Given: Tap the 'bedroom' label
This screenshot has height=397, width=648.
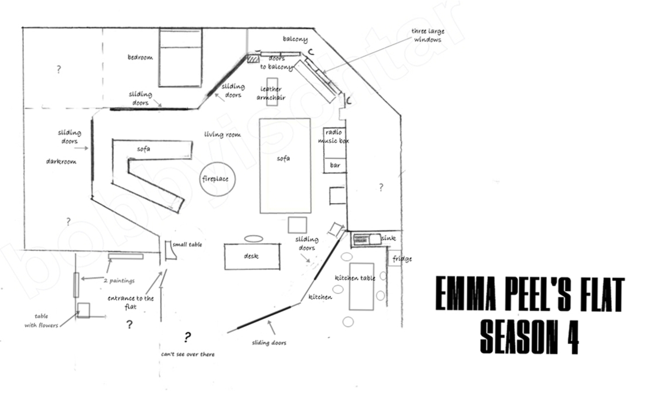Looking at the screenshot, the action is pos(140,57).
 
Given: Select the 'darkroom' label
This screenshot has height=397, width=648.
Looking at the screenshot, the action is pos(61,161).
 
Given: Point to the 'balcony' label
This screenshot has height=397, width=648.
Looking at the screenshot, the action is pos(295,39).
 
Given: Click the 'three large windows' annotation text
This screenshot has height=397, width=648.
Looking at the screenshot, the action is pos(428,36).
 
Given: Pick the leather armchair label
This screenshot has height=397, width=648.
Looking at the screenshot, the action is pos(271,93).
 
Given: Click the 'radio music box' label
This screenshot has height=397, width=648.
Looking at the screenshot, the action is pos(333,136).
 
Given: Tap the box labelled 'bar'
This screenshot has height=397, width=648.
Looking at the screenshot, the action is pos(335,165).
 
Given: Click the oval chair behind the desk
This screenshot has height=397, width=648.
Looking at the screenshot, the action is pos(254,239).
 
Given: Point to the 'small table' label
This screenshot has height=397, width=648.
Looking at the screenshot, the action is pos(187,245).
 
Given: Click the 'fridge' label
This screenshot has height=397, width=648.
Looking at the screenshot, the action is pos(402,259).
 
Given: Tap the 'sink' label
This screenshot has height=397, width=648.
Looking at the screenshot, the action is pos(389,238).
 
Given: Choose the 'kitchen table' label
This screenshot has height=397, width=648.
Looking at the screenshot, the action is pos(355,278).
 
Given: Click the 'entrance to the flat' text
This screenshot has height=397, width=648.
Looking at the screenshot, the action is pos(131,302).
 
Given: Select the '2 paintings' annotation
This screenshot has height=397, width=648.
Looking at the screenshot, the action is pos(119,281).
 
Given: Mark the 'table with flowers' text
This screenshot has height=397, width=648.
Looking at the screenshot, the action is pos(41,320).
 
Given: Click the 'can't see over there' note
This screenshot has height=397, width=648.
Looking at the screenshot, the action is pos(188,354).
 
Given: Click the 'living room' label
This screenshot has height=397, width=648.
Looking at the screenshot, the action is pos(223,135).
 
